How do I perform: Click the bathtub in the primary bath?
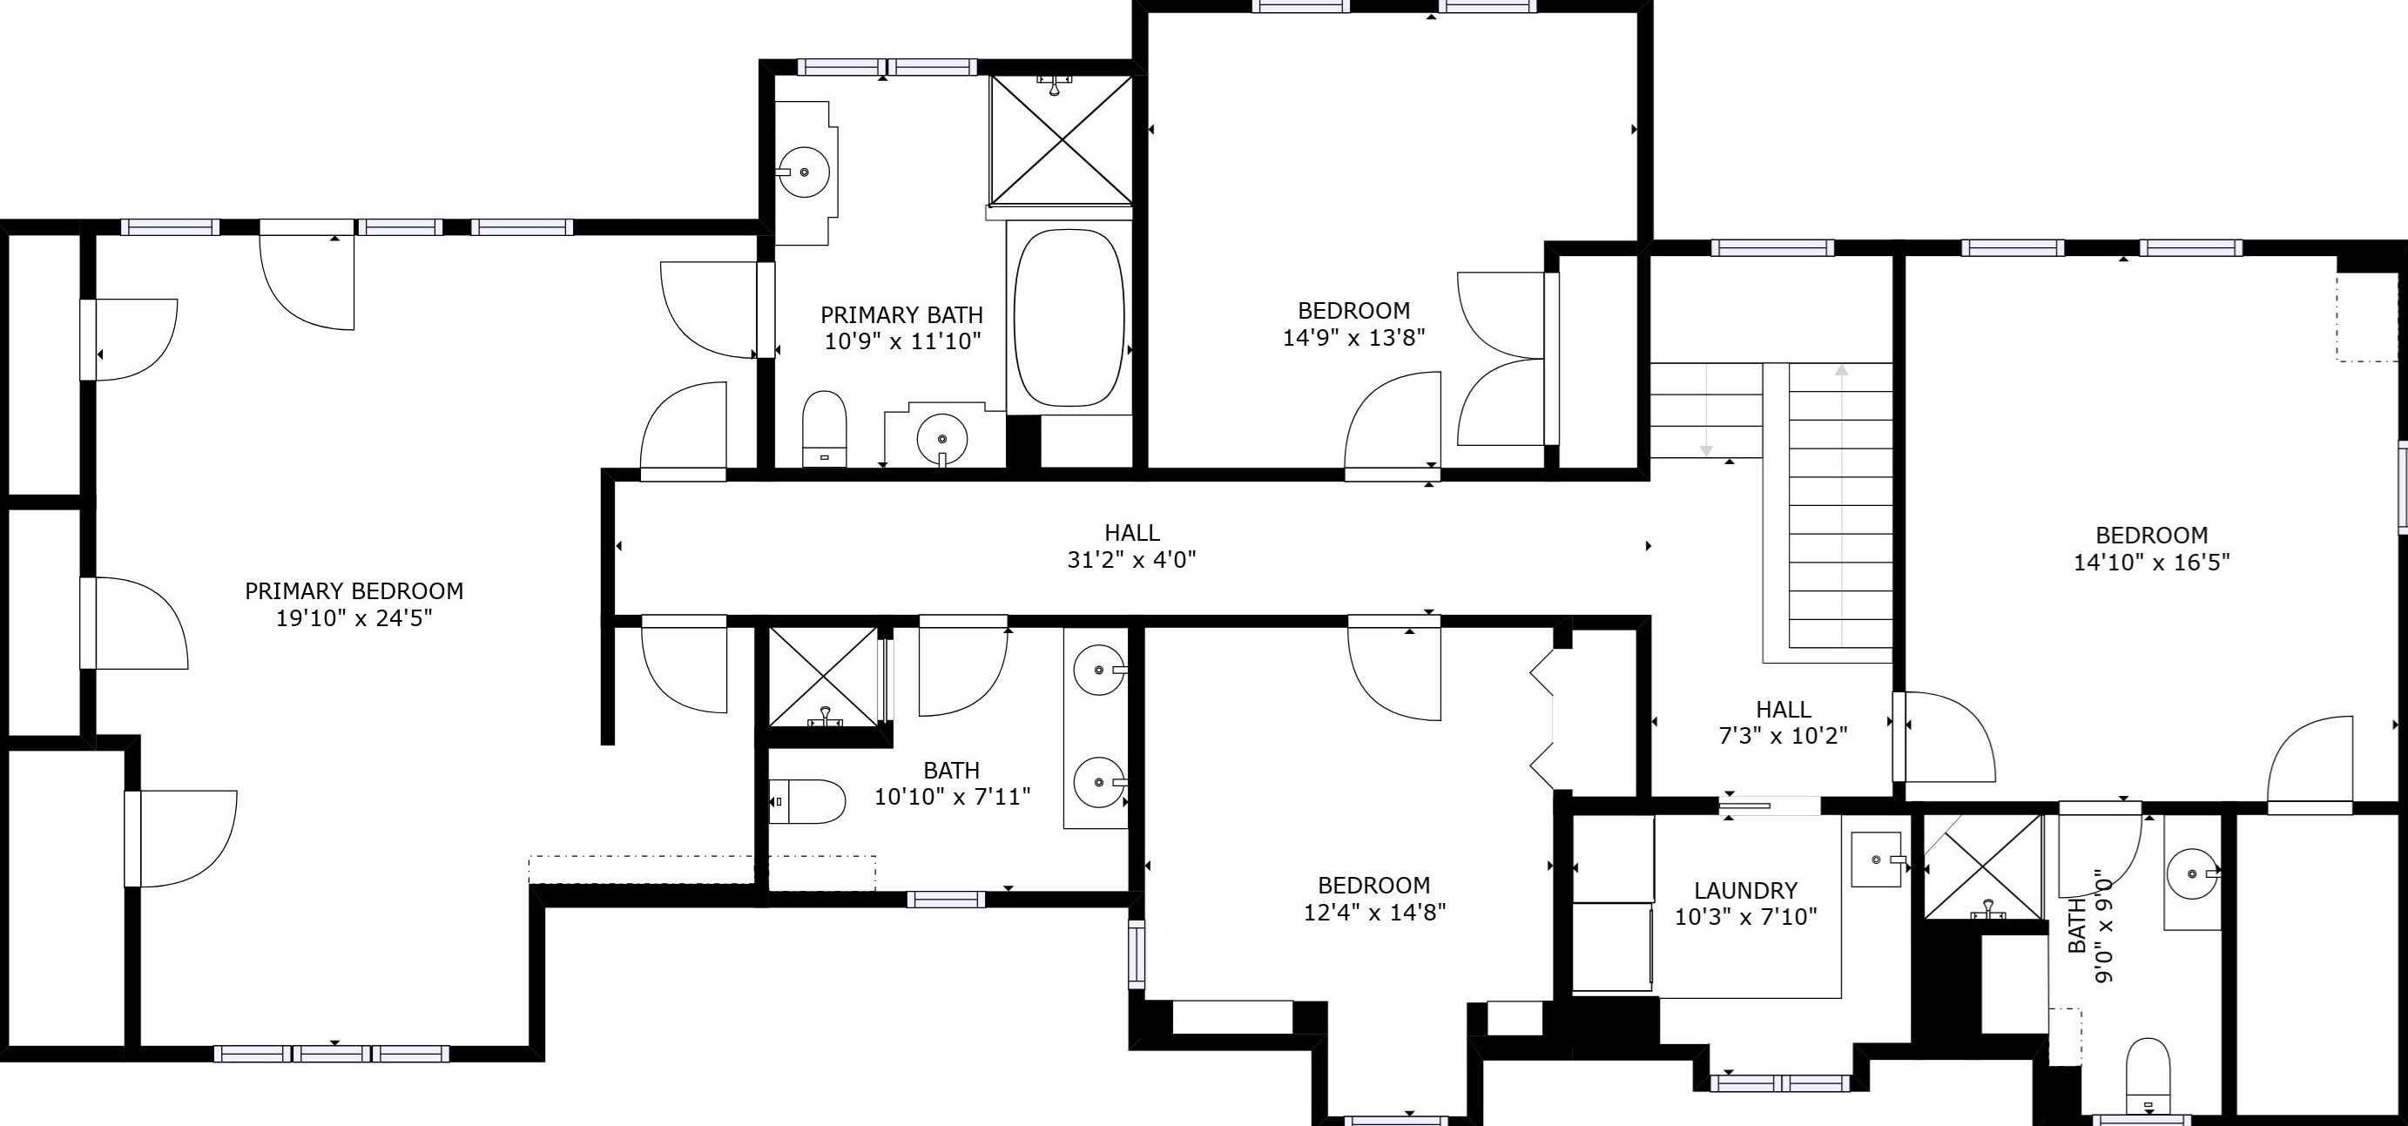pos(1069,318)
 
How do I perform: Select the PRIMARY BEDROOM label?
pos(354,590)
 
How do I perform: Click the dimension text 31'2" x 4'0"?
pos(1132,560)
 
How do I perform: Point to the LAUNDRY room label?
pos(1745,891)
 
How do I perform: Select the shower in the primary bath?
pos(1061,139)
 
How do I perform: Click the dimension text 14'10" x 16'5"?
pos(2152,563)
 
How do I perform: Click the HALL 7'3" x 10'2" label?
pos(1784,722)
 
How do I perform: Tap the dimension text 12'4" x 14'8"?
pos(1374,912)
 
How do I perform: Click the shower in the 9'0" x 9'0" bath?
pos(1983,868)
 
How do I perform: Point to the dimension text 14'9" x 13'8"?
pos(1353,337)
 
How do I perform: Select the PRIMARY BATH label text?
pos(902,315)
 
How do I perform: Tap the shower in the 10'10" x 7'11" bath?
pos(824,677)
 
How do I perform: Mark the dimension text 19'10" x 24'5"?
pos(354,617)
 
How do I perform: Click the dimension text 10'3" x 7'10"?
pos(1745,917)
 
